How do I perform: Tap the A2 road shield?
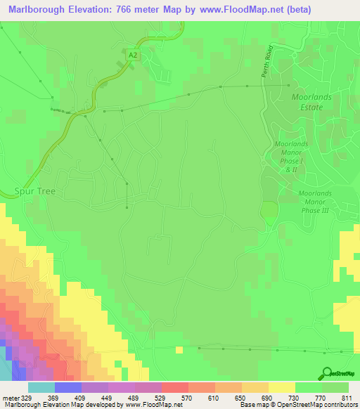[x=132, y=53]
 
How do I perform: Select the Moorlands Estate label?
[x=307, y=101]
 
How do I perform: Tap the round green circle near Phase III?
[x=269, y=210]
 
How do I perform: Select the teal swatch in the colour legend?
[x=41, y=387]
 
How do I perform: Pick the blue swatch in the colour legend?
[x=68, y=387]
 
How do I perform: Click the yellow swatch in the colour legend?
[x=281, y=387]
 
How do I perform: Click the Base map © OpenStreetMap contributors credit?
[x=298, y=405]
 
